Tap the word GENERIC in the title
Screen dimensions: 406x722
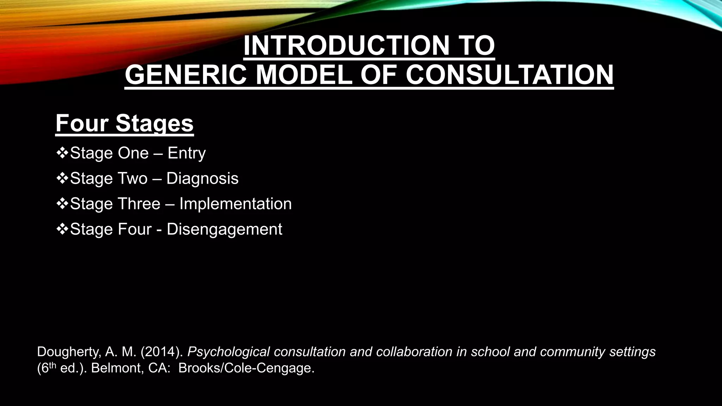coord(186,75)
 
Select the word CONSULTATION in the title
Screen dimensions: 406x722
coord(509,75)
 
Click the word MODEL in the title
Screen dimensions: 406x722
coord(304,75)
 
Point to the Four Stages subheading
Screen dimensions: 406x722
coord(124,123)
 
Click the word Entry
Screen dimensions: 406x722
coord(186,153)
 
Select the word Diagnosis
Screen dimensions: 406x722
coord(202,178)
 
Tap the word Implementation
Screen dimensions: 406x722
coord(235,204)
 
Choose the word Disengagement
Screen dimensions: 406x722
coord(224,229)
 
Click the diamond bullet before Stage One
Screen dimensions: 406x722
coord(62,153)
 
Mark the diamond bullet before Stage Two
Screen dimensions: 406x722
coord(62,178)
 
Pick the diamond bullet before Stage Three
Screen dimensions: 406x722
coord(62,204)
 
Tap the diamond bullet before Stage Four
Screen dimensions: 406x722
coord(62,229)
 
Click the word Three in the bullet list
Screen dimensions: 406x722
coord(139,204)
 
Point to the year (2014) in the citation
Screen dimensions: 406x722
coord(162,352)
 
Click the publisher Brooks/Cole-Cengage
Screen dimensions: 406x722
coord(246,368)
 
